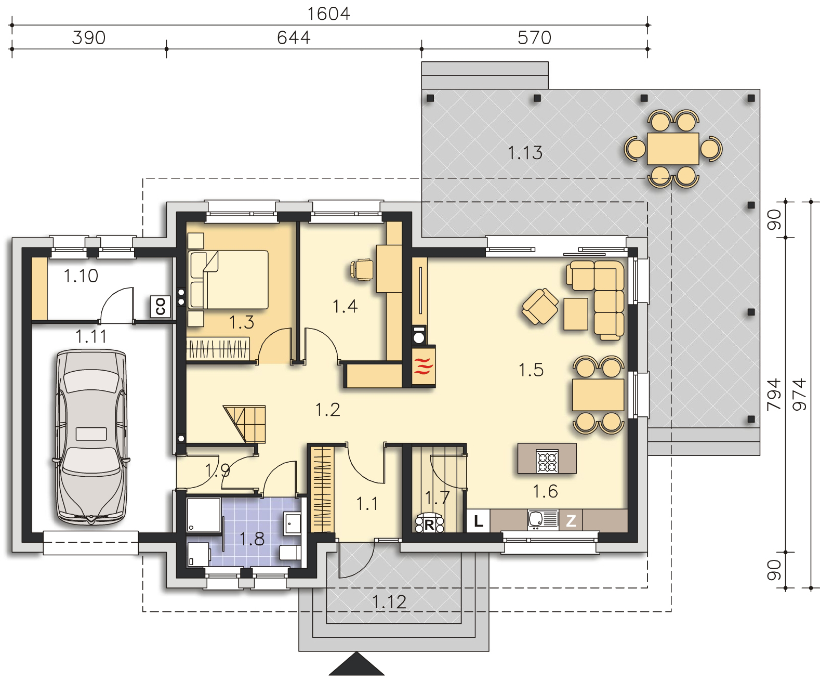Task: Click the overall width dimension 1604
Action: pyautogui.click(x=329, y=14)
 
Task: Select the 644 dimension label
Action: pyautogui.click(x=294, y=38)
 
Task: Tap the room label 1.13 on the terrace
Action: pyautogui.click(x=525, y=153)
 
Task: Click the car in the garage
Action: pyautogui.click(x=91, y=437)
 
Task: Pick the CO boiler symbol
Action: pyautogui.click(x=161, y=307)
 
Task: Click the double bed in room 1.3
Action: pyautogui.click(x=228, y=279)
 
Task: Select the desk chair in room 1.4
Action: pyautogui.click(x=361, y=270)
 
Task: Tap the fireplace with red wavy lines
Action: pyautogui.click(x=424, y=366)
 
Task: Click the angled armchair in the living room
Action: pyautogui.click(x=540, y=307)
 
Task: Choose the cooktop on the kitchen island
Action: pyautogui.click(x=547, y=461)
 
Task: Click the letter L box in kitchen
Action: pyautogui.click(x=478, y=521)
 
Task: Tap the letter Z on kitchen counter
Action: pyautogui.click(x=571, y=521)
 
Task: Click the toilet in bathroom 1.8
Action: pyautogui.click(x=290, y=553)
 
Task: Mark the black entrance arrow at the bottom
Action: pyautogui.click(x=356, y=663)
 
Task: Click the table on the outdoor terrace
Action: pyautogui.click(x=673, y=149)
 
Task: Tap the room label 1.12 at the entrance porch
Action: pyautogui.click(x=389, y=603)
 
